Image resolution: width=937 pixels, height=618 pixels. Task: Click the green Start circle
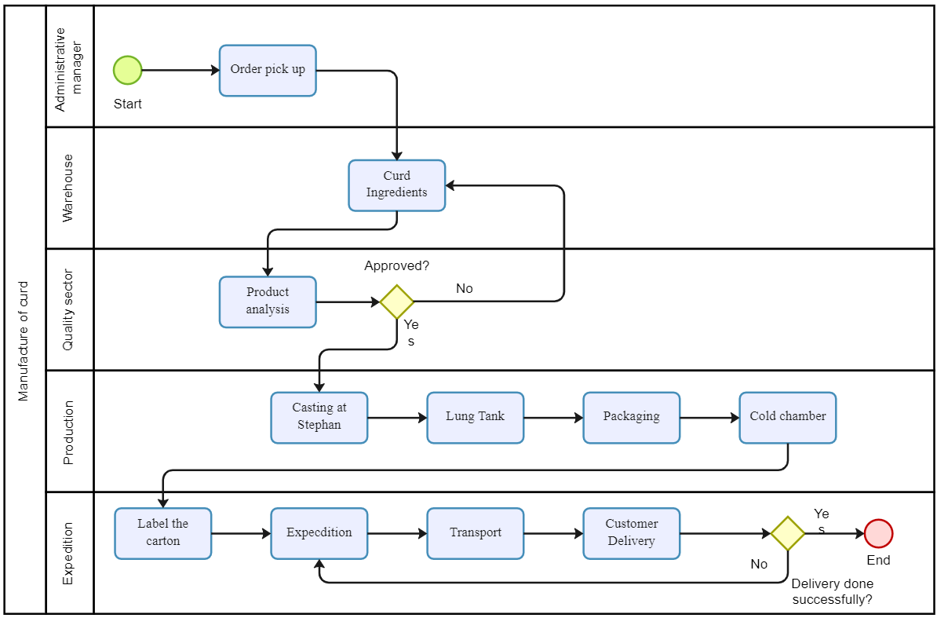[x=127, y=70]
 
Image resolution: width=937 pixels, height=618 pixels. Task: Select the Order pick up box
[x=268, y=71]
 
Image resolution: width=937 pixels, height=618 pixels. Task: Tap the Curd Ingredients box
[x=397, y=185]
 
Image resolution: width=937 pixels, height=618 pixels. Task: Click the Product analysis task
[x=268, y=302]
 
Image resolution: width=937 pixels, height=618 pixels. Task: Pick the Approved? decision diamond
[x=397, y=302]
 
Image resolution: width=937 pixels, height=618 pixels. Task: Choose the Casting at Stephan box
[x=319, y=418]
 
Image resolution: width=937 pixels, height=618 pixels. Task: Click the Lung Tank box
[x=476, y=418]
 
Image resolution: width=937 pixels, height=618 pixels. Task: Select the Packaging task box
[x=632, y=418]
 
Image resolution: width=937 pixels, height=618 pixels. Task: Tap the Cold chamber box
[x=788, y=418]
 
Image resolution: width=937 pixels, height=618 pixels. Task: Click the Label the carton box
[x=163, y=533]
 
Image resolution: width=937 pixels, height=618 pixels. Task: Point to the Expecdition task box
[x=319, y=533]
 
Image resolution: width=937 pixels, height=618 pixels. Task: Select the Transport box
[x=476, y=533]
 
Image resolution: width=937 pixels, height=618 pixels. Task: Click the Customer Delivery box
[x=632, y=533]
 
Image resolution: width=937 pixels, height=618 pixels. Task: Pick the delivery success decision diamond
[x=788, y=533]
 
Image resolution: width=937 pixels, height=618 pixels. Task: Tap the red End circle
[x=878, y=533]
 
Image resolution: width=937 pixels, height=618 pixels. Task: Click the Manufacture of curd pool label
[x=24, y=342]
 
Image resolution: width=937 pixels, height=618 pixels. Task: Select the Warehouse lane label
[x=68, y=188]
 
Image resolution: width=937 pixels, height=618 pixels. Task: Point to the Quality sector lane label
[x=68, y=309]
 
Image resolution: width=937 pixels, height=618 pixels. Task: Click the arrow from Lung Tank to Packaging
[x=553, y=418]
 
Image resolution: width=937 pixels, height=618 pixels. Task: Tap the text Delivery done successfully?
[x=832, y=592]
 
